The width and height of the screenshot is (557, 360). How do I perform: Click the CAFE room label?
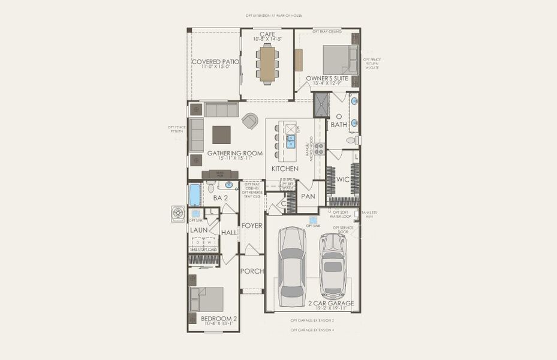tap(267, 34)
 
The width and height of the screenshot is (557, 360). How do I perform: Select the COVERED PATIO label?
tap(215, 62)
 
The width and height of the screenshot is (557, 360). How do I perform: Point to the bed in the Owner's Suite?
tap(340, 60)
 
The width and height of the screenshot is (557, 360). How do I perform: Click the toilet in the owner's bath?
tap(354, 140)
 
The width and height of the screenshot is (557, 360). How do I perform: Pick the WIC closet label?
tap(343, 179)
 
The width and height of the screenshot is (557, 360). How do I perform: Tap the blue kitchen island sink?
tap(291, 142)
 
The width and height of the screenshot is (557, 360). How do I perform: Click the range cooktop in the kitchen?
tap(320, 149)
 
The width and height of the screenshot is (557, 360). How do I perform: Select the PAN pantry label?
tap(308, 196)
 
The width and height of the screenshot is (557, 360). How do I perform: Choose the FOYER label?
tap(252, 226)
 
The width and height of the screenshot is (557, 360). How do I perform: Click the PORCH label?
tap(252, 271)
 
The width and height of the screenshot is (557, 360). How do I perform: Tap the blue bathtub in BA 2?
tap(194, 195)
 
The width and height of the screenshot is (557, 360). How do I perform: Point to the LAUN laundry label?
tap(198, 230)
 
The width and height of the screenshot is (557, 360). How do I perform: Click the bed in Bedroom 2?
tap(206, 299)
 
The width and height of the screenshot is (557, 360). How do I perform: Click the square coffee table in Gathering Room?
tap(221, 134)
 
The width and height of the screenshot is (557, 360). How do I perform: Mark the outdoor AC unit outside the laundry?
tap(178, 214)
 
